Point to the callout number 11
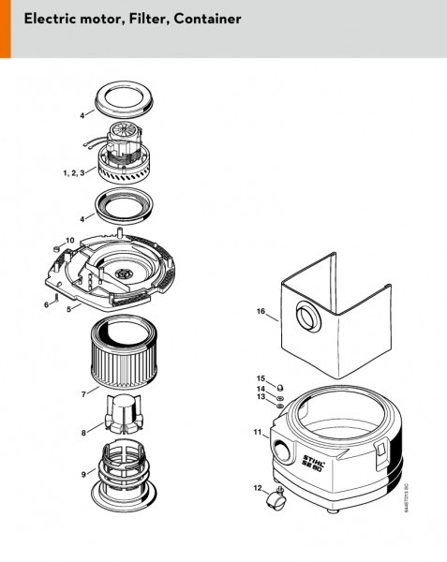tap(256, 433)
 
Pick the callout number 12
tap(257, 488)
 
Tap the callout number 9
tap(82, 474)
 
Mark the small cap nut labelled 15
tap(279, 379)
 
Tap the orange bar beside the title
tap(5, 28)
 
